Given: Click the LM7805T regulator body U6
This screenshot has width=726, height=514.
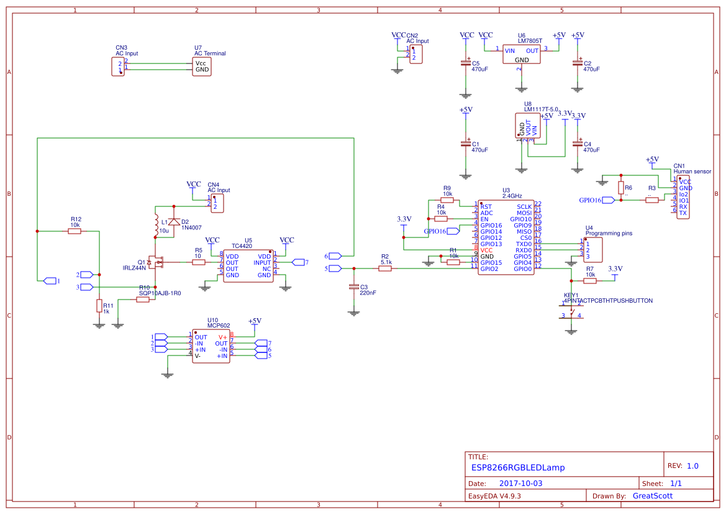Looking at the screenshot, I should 522,55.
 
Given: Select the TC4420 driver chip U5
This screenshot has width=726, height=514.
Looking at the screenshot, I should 248,265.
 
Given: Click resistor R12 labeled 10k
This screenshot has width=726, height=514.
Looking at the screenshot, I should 75,231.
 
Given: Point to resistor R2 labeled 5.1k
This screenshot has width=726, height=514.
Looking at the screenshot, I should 385,268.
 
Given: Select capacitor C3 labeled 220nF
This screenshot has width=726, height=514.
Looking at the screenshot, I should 354,288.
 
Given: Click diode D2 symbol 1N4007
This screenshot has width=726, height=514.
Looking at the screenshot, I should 174,222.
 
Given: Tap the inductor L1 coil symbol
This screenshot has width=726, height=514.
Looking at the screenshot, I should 155,225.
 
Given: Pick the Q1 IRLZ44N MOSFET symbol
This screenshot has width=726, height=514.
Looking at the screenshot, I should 156,263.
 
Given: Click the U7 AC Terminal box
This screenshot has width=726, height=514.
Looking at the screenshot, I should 202,67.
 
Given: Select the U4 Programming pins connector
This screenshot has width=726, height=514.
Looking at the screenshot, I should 592,249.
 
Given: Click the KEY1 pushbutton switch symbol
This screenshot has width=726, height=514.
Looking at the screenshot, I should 571,310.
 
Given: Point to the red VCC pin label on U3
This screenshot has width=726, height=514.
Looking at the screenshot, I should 486,250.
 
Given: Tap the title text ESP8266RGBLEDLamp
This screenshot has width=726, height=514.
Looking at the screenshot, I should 517,467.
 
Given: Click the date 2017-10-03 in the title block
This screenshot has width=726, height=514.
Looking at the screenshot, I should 520,484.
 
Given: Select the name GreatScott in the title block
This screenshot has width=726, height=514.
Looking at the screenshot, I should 652,496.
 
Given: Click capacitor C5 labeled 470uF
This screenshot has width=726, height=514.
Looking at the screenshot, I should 465,63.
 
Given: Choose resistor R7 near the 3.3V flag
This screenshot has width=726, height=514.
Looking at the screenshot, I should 590,281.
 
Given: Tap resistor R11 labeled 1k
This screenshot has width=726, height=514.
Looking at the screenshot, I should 99,306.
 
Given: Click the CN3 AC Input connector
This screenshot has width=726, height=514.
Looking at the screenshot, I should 118,66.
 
